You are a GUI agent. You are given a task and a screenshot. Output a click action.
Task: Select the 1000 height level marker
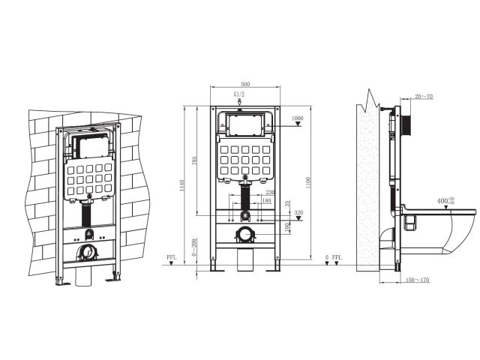point(298,118)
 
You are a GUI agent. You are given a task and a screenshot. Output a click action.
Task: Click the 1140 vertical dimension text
point(182,185)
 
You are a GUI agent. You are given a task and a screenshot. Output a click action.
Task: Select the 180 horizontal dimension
point(267,201)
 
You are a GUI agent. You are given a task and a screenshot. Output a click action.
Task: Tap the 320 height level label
point(298,212)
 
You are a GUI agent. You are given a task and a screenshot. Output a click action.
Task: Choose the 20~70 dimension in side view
point(424,97)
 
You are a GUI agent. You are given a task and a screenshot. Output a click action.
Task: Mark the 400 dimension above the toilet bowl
point(445,200)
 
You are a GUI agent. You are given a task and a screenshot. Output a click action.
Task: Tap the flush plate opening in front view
point(245,124)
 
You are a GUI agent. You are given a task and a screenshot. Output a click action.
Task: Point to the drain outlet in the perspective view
point(88,253)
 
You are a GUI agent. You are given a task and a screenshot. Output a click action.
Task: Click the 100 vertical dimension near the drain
point(286,227)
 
